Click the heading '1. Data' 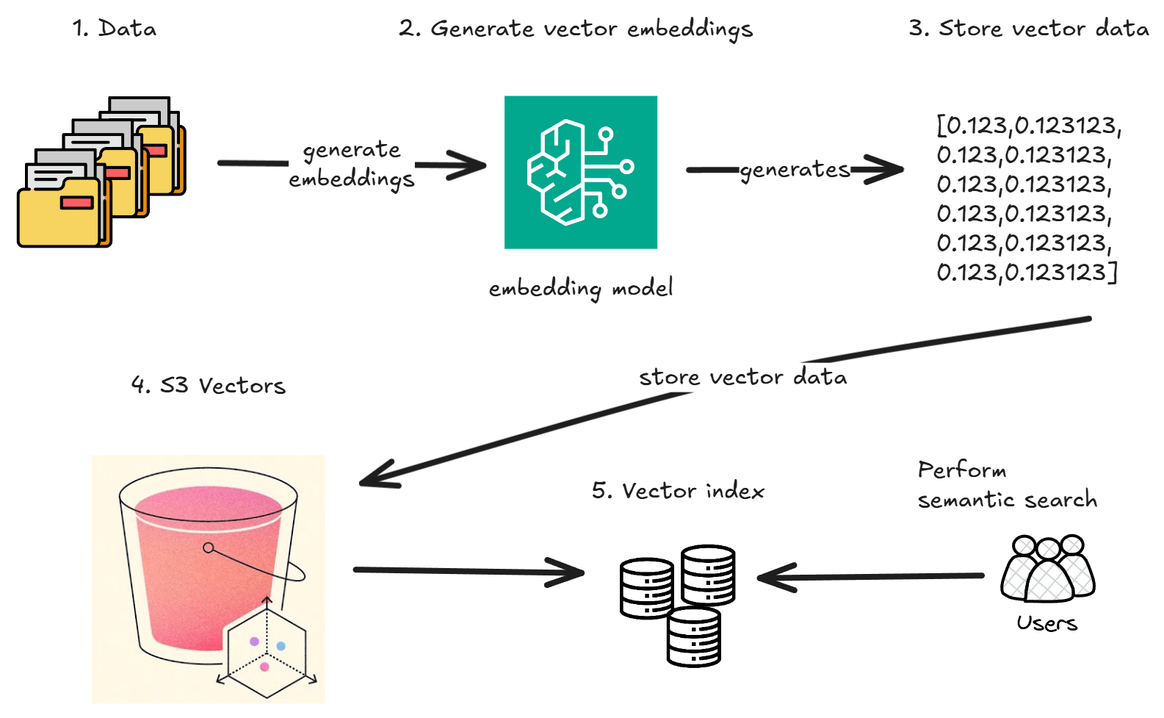coord(115,29)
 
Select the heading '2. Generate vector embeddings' coord(576,29)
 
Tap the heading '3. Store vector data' coord(1029,29)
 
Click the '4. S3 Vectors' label coord(209,385)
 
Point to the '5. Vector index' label coord(678,490)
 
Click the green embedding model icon coord(580,172)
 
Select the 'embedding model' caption coord(580,287)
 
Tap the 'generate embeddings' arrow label coord(352,164)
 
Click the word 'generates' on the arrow coord(795,170)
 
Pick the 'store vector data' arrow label coord(742,377)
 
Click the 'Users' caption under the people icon coord(1046,623)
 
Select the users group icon coord(1048,569)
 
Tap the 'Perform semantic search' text coord(1006,485)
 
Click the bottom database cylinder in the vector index coord(694,636)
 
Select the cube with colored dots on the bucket coord(267,649)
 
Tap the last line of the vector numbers coord(1026,273)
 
